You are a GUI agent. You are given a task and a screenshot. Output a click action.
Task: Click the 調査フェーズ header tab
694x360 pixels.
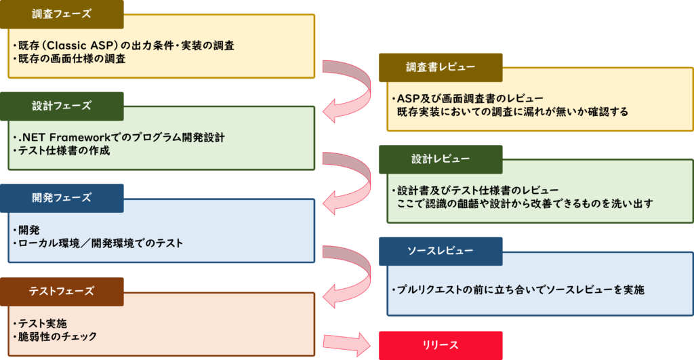[62, 14]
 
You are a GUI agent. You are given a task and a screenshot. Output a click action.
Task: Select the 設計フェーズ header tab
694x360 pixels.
[62, 106]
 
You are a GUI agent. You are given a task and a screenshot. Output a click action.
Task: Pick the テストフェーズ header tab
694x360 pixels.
[62, 291]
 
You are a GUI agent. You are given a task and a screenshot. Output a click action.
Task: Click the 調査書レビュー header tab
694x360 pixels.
[441, 67]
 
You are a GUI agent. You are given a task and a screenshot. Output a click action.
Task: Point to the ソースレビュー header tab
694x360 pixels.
[441, 251]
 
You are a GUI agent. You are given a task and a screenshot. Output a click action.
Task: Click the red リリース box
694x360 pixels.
[441, 345]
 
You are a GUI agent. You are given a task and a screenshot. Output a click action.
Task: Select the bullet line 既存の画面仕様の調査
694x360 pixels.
[71, 59]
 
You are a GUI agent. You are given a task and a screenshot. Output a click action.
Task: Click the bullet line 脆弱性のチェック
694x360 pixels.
[58, 336]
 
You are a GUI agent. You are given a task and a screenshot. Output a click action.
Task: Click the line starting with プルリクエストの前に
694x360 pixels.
[518, 289]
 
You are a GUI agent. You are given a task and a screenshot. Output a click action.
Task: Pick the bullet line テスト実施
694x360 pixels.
[43, 323]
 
